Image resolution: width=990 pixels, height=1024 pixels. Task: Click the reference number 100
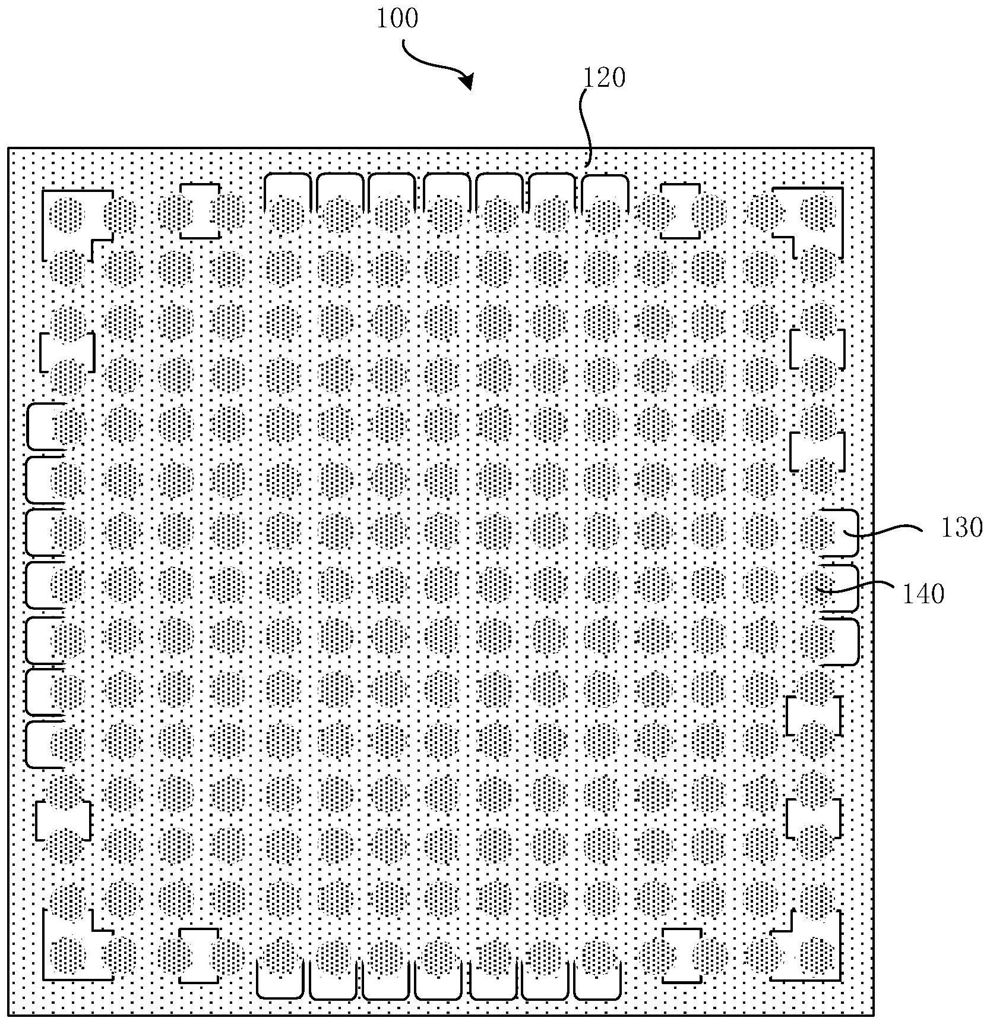click(x=397, y=19)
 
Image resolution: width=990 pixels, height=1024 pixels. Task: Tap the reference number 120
click(x=605, y=78)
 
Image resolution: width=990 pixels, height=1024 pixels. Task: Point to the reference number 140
click(x=923, y=593)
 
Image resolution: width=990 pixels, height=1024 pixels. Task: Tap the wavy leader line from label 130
click(x=885, y=530)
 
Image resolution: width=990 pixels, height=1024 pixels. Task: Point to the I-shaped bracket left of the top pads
click(x=200, y=212)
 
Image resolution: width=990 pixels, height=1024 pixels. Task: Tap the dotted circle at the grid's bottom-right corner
click(x=818, y=954)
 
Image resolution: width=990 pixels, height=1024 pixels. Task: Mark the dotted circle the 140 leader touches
click(x=818, y=583)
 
